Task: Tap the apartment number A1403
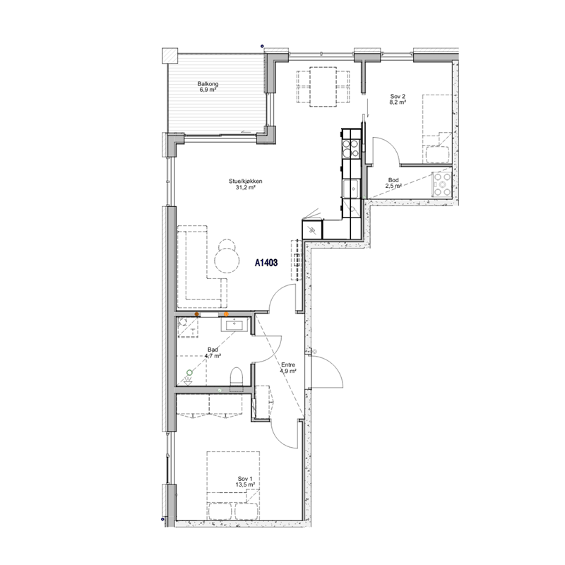(266, 263)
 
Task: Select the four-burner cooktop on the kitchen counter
(350, 148)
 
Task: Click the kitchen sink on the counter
(350, 188)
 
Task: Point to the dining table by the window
(323, 87)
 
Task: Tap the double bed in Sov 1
(233, 485)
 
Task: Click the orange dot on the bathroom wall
(226, 314)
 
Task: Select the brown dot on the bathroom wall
(197, 314)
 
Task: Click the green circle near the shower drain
(189, 373)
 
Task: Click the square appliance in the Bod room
(443, 184)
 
